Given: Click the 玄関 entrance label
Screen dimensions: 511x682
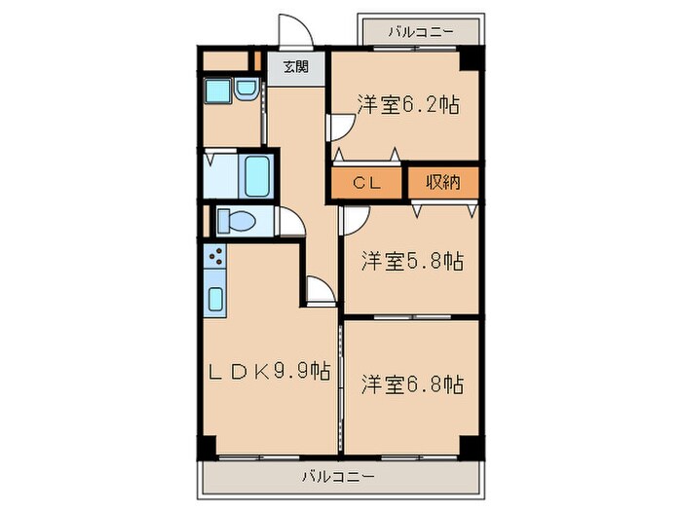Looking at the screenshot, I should (x=296, y=67).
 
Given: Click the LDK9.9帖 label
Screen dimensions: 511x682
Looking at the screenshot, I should (x=271, y=371).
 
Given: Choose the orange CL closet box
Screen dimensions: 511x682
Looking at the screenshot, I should (x=366, y=181).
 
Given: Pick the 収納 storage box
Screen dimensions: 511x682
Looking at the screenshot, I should (x=441, y=181).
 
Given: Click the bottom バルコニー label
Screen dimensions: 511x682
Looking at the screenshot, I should (x=337, y=477).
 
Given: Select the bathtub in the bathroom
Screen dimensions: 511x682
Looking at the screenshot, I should (x=257, y=175).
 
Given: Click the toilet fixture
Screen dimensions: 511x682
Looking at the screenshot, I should (x=237, y=221).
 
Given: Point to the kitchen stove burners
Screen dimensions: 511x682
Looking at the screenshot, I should (x=215, y=259).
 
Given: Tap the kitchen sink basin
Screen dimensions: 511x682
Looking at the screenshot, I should (x=215, y=297).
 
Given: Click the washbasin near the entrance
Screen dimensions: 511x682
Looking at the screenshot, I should (x=246, y=92).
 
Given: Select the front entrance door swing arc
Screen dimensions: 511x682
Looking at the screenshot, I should (x=293, y=29).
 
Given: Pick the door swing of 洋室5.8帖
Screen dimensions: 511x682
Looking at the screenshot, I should (x=349, y=221).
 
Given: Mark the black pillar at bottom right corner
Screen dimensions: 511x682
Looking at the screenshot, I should (x=471, y=447).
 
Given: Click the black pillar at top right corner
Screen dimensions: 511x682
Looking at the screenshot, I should (x=472, y=57).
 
